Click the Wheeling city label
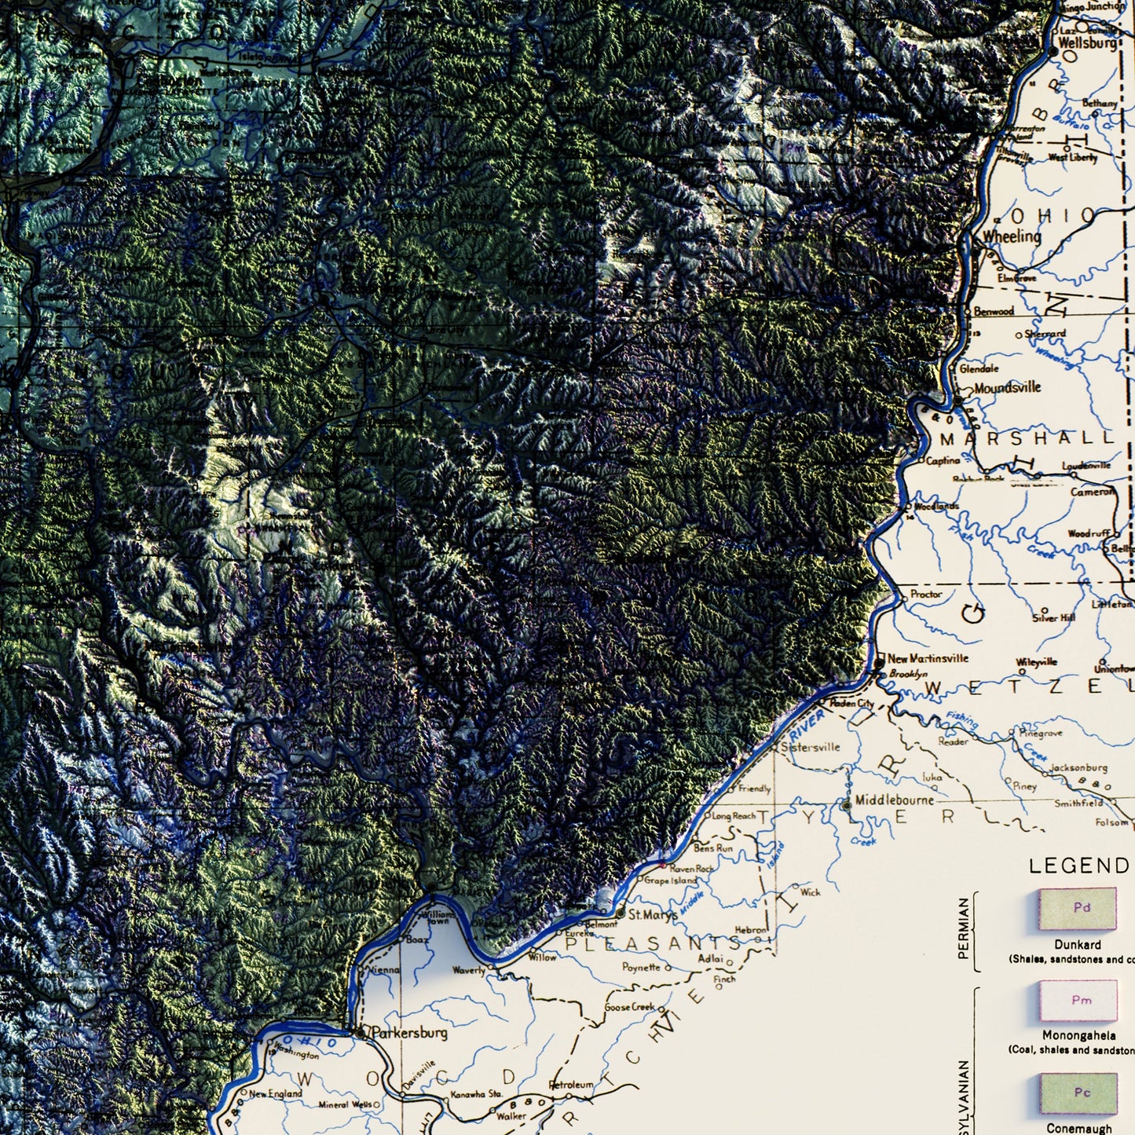click(x=1012, y=236)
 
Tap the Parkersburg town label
click(x=409, y=1032)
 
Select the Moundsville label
click(x=1008, y=387)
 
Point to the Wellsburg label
click(x=1088, y=43)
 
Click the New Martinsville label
click(x=928, y=658)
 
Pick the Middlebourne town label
click(x=895, y=800)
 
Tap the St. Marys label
click(x=653, y=914)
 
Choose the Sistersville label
click(x=811, y=747)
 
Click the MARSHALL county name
click(x=1027, y=438)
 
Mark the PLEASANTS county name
click(x=652, y=943)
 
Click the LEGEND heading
click(x=1078, y=866)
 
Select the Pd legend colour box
click(x=1077, y=909)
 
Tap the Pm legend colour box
click(x=1078, y=1000)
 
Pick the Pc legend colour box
click(x=1078, y=1093)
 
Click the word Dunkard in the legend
click(x=1078, y=945)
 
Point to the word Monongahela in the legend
click(x=1079, y=1035)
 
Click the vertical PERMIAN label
click(x=964, y=929)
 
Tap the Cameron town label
click(x=1092, y=492)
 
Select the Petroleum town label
click(x=571, y=1085)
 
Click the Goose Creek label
click(x=630, y=1007)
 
